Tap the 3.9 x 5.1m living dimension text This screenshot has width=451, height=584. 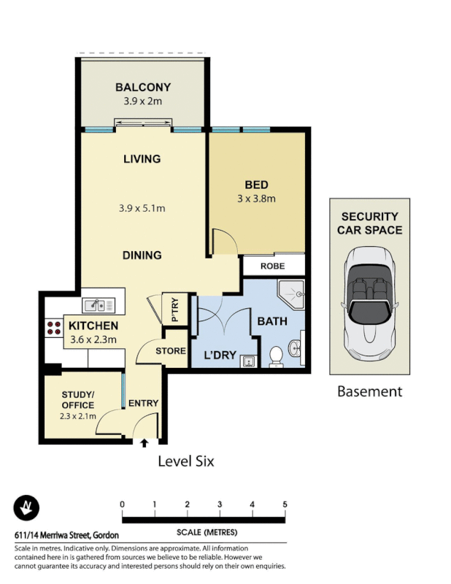pos(142,208)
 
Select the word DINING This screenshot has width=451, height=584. pos(142,255)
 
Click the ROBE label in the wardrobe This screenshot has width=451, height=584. pos(273,266)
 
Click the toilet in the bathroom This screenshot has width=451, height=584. pos(277,356)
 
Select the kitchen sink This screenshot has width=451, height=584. pos(96,305)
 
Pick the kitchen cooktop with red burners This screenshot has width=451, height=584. pos(54,328)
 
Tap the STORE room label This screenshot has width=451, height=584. pos(170,351)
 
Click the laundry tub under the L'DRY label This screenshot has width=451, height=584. pos(248,359)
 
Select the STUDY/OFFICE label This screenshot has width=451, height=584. pos(78,401)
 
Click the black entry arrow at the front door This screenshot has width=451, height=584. pos(144,442)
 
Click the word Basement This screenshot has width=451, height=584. pos(369,392)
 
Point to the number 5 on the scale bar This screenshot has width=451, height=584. pos(285,504)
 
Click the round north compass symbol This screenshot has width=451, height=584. pos(27,508)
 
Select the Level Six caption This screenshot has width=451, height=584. pos(186,461)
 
